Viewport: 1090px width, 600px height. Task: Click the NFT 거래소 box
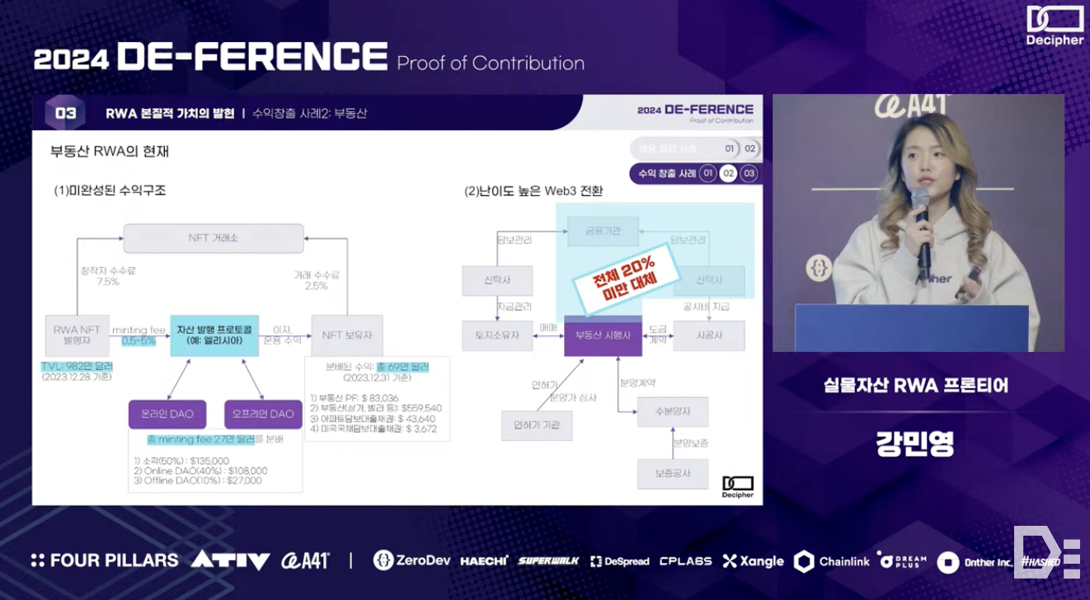(x=214, y=238)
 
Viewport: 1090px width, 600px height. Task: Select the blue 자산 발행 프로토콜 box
(x=214, y=335)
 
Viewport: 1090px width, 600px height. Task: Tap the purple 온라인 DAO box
(x=167, y=414)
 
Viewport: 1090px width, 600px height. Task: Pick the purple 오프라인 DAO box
(x=262, y=414)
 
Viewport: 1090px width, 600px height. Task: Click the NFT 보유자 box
(x=347, y=335)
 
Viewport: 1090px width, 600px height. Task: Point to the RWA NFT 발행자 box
(x=77, y=335)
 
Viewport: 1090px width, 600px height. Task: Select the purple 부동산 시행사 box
(x=603, y=335)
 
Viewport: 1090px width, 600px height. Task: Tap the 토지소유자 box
(x=497, y=335)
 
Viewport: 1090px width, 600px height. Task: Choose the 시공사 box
(x=708, y=335)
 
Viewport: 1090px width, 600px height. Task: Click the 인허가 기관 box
(x=536, y=424)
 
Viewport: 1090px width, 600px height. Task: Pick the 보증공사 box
(x=672, y=474)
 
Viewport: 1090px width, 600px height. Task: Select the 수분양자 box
(x=672, y=410)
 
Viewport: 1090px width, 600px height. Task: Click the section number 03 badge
(x=66, y=113)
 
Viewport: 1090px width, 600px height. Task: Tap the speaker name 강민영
(x=915, y=443)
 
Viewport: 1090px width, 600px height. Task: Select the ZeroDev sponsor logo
(x=411, y=560)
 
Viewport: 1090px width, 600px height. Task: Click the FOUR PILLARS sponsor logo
(x=105, y=560)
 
